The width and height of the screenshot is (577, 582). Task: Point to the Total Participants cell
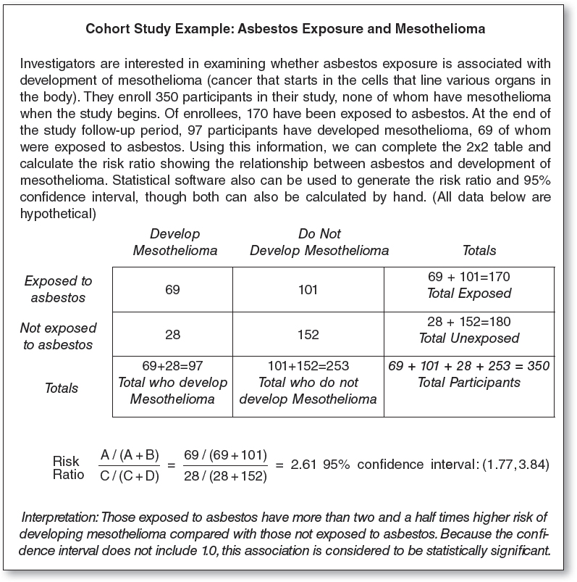point(469,382)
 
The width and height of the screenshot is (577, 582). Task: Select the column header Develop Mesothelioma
point(174,242)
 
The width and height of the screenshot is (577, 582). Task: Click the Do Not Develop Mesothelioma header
point(319,242)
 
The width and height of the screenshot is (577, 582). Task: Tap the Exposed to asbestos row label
point(59,289)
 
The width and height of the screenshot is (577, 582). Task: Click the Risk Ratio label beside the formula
point(67,468)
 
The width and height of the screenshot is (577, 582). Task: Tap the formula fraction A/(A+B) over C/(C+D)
point(132,464)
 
